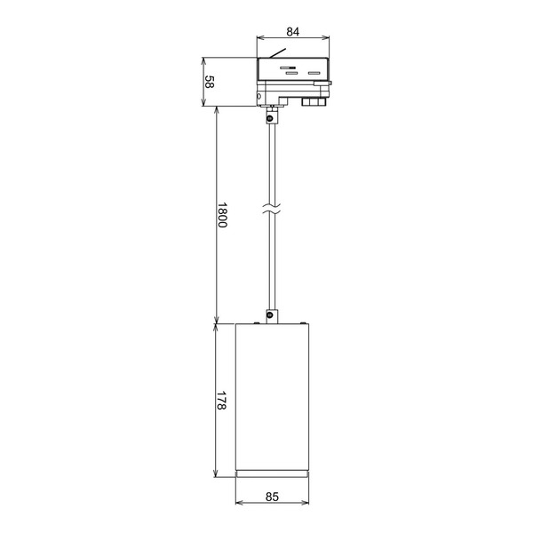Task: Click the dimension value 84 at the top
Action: click(292, 32)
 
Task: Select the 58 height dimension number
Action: click(210, 82)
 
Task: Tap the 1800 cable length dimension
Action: click(222, 215)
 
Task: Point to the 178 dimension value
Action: click(221, 400)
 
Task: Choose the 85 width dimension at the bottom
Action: click(272, 497)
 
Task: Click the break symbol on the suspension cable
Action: click(273, 209)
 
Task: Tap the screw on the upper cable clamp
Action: click(270, 119)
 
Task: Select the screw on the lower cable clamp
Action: click(270, 315)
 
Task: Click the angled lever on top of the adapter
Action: click(278, 53)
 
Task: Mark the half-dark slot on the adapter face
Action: click(288, 68)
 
